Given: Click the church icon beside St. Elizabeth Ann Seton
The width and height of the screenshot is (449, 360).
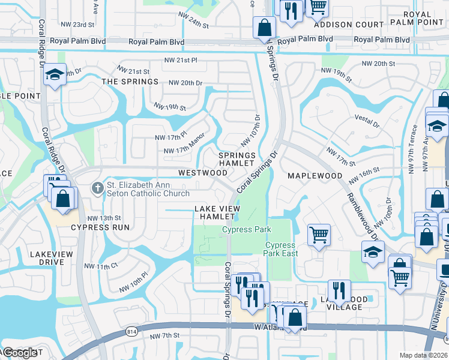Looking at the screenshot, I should [x=97, y=188].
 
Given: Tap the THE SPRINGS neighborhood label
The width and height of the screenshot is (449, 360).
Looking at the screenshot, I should [x=130, y=82].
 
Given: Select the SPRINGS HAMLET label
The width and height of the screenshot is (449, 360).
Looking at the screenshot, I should [x=237, y=159].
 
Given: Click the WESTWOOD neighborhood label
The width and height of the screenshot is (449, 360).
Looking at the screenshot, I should [x=203, y=173].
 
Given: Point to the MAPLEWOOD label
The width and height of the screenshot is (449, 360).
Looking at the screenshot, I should [x=315, y=176].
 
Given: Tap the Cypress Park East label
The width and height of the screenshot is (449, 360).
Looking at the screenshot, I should [x=280, y=249].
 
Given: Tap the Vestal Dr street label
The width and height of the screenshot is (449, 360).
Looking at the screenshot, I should [x=367, y=122].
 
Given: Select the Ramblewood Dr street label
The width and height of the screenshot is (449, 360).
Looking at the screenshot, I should [x=361, y=200].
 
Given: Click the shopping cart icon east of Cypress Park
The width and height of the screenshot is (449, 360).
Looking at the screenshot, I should [x=319, y=235].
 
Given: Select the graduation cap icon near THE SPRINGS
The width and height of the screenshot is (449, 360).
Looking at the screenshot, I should [x=54, y=74].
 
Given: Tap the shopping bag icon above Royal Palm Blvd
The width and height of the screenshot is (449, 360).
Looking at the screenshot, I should [x=264, y=27].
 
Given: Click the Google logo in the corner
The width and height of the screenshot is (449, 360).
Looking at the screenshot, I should [x=20, y=353].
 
